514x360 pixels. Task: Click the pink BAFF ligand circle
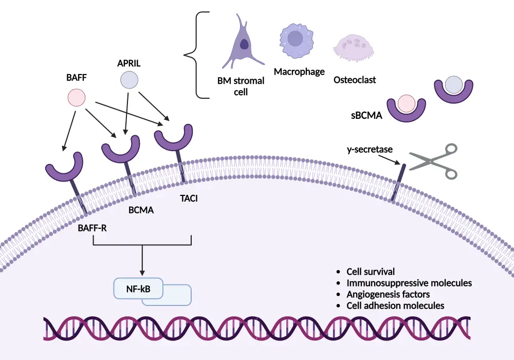pyautogui.click(x=77, y=97)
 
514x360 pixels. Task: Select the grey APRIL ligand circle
pyautogui.click(x=129, y=80)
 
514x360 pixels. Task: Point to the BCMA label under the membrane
pyautogui.click(x=141, y=210)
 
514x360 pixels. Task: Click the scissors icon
pyautogui.click(x=433, y=161)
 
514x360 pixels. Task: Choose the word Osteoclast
pyautogui.click(x=355, y=80)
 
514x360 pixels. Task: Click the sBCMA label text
pyautogui.click(x=368, y=116)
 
